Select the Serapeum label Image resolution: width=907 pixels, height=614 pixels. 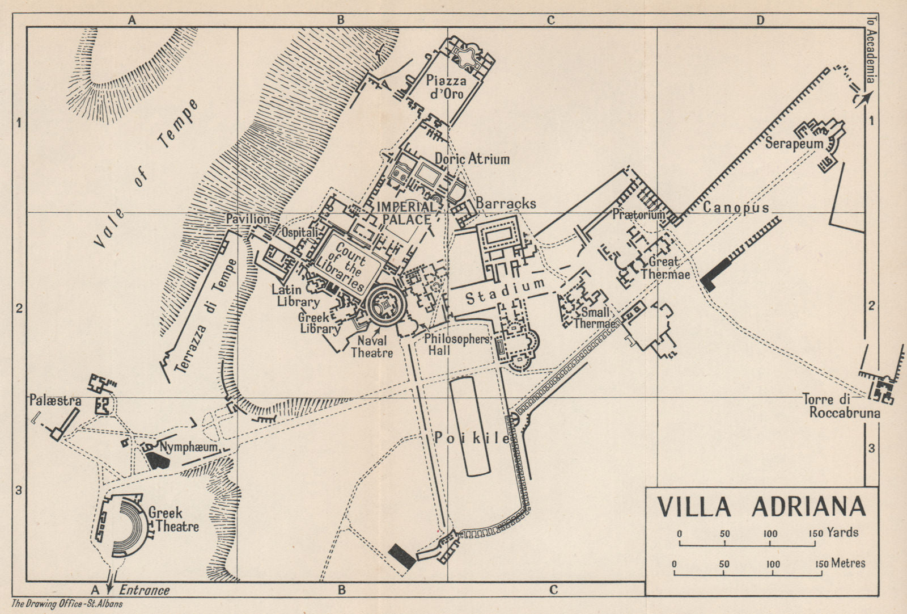click(794, 143)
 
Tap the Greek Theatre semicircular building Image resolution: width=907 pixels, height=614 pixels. click(126, 520)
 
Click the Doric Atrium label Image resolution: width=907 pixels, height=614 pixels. click(472, 159)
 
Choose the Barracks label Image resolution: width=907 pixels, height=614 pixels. click(506, 203)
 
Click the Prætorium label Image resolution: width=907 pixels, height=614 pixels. click(638, 215)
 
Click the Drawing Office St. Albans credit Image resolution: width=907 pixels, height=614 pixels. click(67, 604)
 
